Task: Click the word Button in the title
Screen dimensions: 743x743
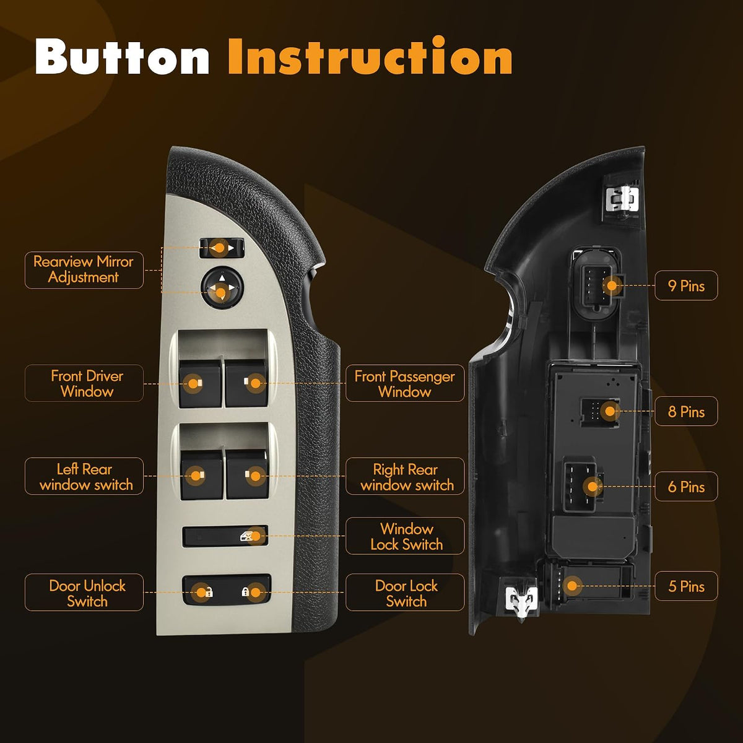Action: [122, 56]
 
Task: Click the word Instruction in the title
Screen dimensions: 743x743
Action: [370, 55]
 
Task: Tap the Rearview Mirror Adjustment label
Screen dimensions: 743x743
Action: [84, 270]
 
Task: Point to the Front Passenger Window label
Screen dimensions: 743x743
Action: [405, 383]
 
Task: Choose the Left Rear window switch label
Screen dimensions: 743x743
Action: [84, 476]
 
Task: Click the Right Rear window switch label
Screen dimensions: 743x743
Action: [405, 476]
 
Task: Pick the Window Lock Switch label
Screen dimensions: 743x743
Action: [405, 536]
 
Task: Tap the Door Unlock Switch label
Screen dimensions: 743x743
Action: [84, 593]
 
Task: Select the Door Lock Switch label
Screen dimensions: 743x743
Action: [405, 593]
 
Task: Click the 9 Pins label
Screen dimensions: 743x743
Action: [686, 285]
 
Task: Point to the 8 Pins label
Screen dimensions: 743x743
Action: [686, 411]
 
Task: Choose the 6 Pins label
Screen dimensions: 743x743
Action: [686, 486]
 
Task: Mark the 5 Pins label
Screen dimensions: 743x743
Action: [686, 586]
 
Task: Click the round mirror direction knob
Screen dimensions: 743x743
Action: [222, 287]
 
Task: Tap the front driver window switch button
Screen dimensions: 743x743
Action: [201, 383]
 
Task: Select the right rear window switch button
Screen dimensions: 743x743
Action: [248, 475]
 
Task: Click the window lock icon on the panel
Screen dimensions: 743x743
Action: [247, 536]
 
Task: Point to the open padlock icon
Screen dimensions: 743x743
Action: [208, 592]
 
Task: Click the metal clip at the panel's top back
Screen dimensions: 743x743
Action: [622, 199]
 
